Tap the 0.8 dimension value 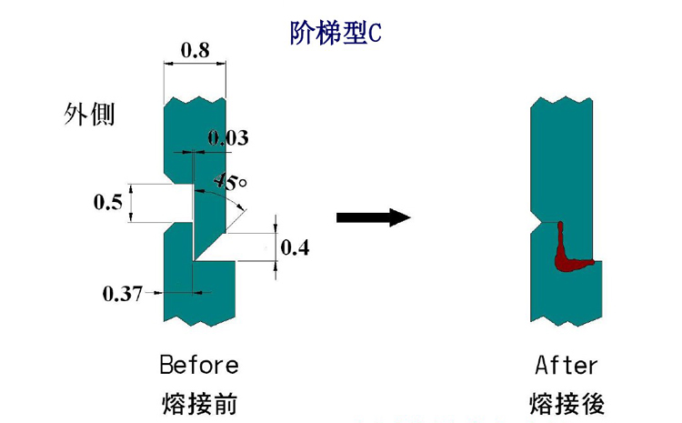[195, 51]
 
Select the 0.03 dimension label [227, 138]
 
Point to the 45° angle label [231, 181]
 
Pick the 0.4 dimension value [295, 247]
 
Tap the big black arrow [374, 217]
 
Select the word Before [198, 366]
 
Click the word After [567, 366]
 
